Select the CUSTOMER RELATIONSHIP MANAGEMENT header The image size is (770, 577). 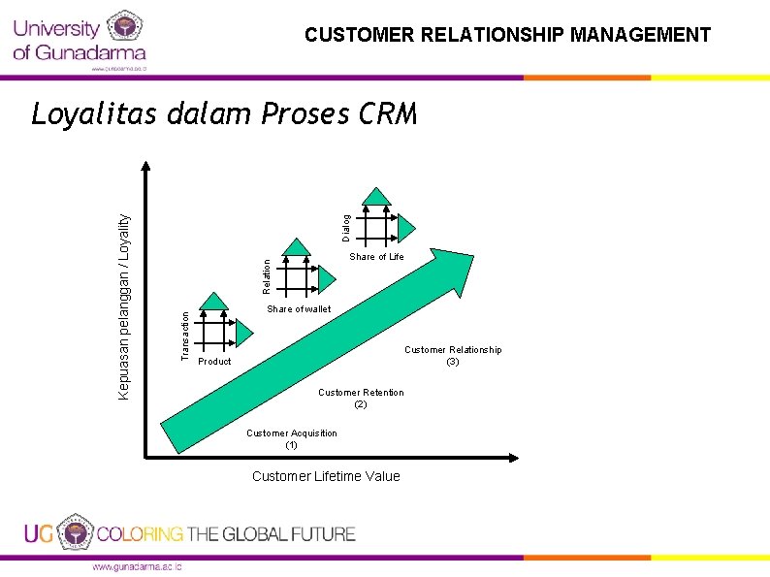pos(507,36)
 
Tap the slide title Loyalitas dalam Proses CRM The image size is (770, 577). pos(224,114)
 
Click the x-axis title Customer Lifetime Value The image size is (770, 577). pos(326,476)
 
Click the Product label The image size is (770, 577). pos(214,362)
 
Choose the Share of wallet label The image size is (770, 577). pos(299,309)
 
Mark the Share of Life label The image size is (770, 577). pos(376,257)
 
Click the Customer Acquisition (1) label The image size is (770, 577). pos(292,439)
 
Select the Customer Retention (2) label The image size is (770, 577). pos(361,398)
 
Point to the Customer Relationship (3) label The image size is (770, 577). pos(453,355)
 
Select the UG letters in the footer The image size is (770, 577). pos(39,534)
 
